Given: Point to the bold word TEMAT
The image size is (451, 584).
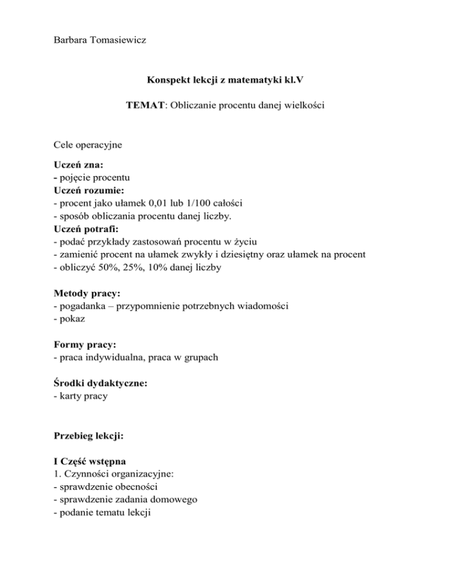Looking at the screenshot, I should tap(147, 107).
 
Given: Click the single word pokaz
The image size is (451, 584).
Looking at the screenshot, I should tap(71, 319).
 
